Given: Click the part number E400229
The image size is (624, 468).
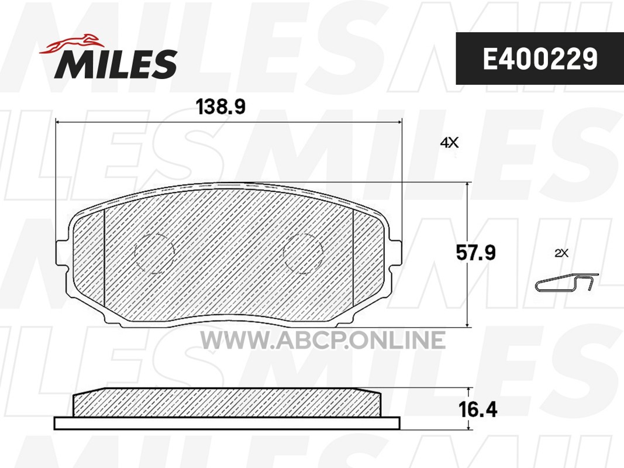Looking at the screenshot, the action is coord(540,58).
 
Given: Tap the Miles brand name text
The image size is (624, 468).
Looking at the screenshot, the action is coord(116,64).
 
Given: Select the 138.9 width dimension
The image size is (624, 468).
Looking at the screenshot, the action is coord(221,106).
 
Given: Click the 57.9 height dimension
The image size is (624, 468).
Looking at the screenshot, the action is coord(475,253).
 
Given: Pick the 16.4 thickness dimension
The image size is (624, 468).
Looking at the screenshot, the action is coord(478,409).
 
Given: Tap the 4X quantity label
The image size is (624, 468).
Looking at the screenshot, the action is coord(449,142).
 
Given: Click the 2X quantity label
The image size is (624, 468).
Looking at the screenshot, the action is coord(561,253).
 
